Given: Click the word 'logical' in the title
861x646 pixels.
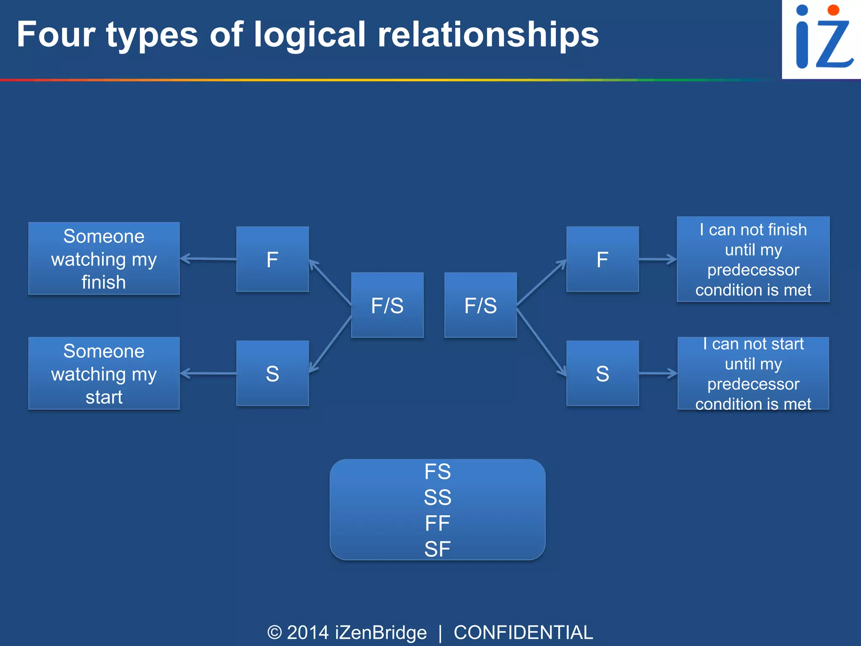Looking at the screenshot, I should (310, 36).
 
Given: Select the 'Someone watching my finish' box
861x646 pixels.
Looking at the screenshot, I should (104, 259).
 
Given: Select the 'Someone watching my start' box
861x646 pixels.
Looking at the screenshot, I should (104, 373).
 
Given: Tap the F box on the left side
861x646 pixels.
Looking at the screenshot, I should (272, 259).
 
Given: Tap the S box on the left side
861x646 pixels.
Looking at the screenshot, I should (272, 373).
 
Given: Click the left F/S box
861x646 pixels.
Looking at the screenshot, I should (387, 305).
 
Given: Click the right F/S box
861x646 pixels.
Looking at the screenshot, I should (481, 305).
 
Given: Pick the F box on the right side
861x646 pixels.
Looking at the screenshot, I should (602, 259).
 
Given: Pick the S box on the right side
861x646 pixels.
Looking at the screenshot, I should (602, 373).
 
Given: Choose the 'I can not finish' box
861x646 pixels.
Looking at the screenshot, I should (753, 259).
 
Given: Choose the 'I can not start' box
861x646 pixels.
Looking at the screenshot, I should (753, 373).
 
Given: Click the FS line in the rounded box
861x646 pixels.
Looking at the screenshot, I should (437, 471).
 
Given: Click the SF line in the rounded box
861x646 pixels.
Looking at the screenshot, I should (437, 549).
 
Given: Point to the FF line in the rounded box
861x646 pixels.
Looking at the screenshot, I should (437, 523).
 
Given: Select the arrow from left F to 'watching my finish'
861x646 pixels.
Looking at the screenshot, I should (208, 259).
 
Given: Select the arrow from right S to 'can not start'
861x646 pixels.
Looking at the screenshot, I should (658, 373).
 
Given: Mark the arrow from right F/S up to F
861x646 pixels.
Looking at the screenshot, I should (541, 282).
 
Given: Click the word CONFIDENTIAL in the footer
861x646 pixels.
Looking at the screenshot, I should (523, 633).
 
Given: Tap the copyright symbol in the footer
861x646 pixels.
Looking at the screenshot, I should (275, 633).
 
